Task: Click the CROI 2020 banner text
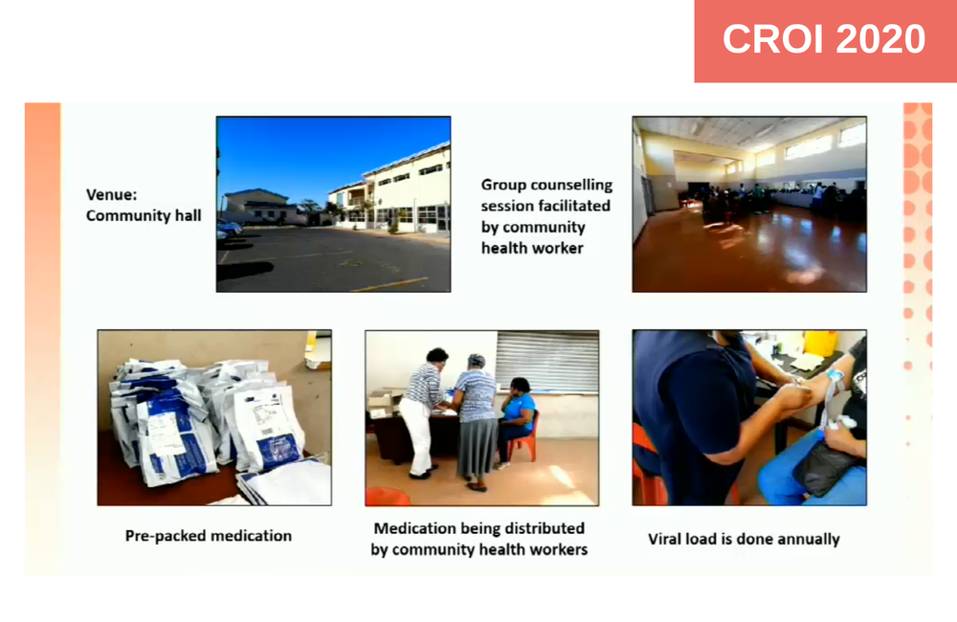coord(824,39)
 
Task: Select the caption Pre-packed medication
coord(208,536)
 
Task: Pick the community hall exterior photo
coord(333,204)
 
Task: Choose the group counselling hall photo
coord(749,204)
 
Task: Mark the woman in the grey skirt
coord(475,421)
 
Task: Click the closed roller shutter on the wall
coord(546,362)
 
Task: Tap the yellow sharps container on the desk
coord(821,343)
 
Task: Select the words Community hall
coord(144,216)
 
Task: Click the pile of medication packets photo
coord(214,417)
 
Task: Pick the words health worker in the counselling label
coord(532,248)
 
